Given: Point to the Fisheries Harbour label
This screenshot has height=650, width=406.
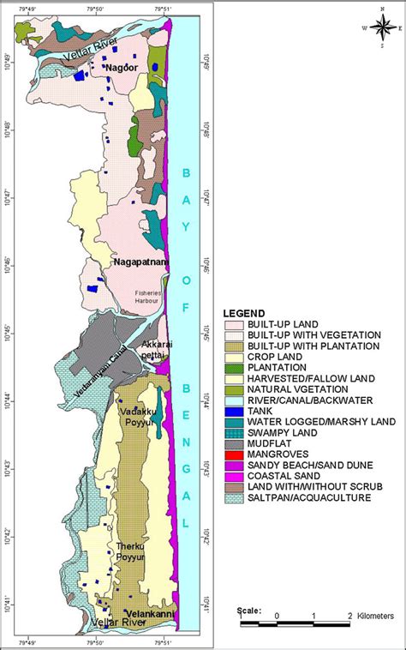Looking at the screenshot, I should tap(154, 296).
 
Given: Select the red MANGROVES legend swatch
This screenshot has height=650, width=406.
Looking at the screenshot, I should tap(234, 454).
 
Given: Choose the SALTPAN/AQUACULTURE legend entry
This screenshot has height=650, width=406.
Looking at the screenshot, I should tap(299, 498).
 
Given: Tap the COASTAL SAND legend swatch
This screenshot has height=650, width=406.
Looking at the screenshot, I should tap(234, 476).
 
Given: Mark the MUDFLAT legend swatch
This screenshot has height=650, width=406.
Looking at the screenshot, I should tap(234, 443).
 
